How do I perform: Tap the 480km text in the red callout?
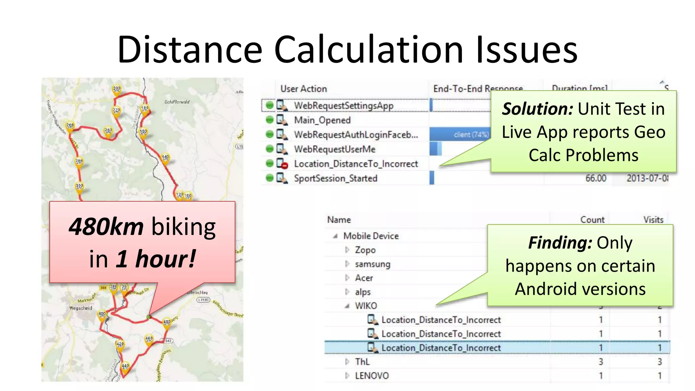(x=106, y=227)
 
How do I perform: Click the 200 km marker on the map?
(x=117, y=90)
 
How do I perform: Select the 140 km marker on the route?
(x=165, y=158)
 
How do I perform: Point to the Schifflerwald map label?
(x=177, y=102)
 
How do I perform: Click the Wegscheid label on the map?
(x=80, y=308)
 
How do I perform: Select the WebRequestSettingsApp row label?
(x=343, y=106)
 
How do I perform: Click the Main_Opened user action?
(x=322, y=120)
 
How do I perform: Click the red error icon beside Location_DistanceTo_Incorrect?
(x=284, y=166)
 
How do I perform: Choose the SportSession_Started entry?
(x=335, y=178)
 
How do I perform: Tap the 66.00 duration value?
(x=596, y=178)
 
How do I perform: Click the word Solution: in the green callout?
(x=538, y=109)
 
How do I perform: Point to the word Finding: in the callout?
(x=560, y=243)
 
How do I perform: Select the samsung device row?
(x=372, y=264)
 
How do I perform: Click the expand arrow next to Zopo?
(x=347, y=250)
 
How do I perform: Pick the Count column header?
(x=592, y=220)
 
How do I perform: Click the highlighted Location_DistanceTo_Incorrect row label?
(x=441, y=348)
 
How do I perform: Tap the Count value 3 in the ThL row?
(x=601, y=362)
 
